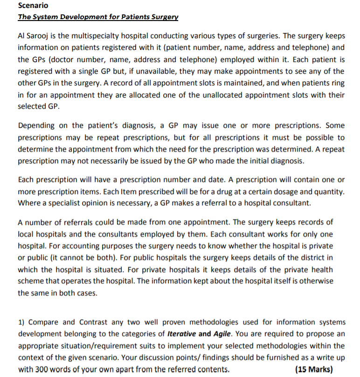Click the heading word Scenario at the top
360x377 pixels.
[x=33, y=6]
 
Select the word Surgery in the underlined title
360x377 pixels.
[x=163, y=17]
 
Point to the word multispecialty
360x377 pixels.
[x=98, y=36]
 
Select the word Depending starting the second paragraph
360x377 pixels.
[x=37, y=126]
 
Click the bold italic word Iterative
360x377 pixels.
[x=182, y=334]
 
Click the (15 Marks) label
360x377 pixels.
[x=314, y=370]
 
